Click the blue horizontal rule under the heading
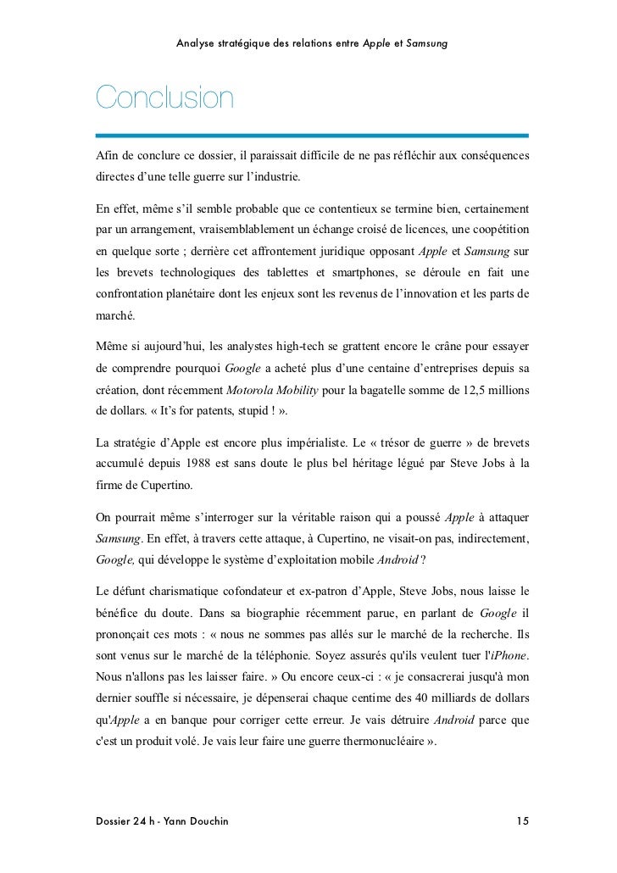(x=311, y=135)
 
